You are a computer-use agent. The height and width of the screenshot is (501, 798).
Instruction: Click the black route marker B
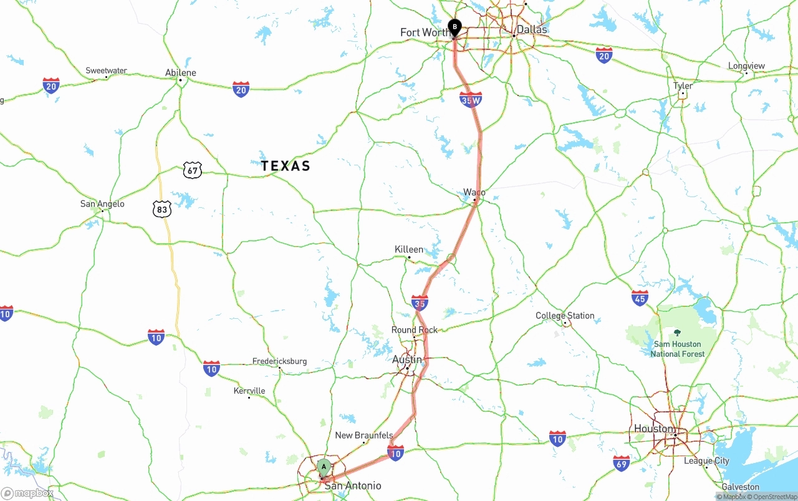(454, 27)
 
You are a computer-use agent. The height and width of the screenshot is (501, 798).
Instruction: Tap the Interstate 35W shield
(471, 99)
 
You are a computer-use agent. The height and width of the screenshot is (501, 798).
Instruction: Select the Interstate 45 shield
(640, 298)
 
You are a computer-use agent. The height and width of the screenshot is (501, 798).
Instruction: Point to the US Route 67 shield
(193, 169)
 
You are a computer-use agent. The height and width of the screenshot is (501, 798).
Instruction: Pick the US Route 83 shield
(162, 209)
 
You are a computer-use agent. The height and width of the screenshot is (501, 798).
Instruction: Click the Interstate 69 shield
(622, 462)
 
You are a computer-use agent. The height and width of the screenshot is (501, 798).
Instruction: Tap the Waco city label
(474, 192)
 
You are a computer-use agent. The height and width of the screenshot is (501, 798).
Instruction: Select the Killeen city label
(409, 250)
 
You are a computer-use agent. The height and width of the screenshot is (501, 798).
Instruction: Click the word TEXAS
(286, 166)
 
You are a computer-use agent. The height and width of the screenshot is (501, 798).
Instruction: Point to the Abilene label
(181, 72)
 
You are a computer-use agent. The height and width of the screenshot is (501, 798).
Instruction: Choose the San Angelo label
(102, 204)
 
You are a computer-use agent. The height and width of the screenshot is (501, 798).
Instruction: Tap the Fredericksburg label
(279, 361)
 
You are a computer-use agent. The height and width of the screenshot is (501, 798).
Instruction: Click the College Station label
(565, 316)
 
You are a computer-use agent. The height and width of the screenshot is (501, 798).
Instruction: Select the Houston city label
(654, 429)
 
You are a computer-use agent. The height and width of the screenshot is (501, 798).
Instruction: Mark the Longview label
(746, 66)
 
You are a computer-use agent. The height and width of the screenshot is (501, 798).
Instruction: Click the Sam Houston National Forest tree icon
(678, 333)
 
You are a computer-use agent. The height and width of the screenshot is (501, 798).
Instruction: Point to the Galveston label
(741, 487)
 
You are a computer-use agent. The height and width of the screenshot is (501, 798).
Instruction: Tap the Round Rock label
(415, 330)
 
